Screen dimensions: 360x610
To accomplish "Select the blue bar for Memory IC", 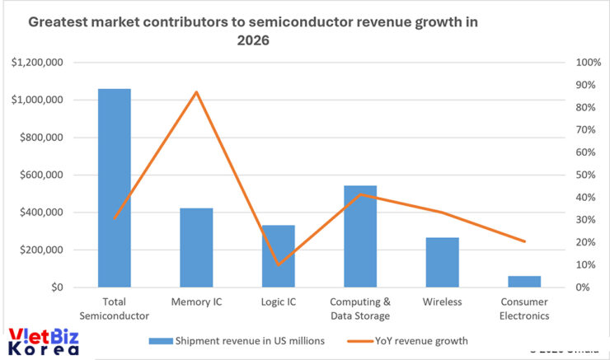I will pyautogui.click(x=196, y=247).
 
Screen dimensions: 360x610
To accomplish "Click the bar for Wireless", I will pyautogui.click(x=442, y=262).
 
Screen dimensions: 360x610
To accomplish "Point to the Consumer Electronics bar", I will pyautogui.click(x=524, y=282).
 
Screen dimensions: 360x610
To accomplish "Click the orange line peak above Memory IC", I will pyautogui.click(x=196, y=91).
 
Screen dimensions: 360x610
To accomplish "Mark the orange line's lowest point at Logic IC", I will pyautogui.click(x=278, y=264).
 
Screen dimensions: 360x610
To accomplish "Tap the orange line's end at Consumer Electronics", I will pyautogui.click(x=524, y=241).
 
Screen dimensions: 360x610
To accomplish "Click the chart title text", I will pyautogui.click(x=253, y=30).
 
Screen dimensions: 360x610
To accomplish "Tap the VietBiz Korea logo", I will pyautogui.click(x=43, y=341).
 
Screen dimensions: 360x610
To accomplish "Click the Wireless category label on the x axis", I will pyautogui.click(x=442, y=302).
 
